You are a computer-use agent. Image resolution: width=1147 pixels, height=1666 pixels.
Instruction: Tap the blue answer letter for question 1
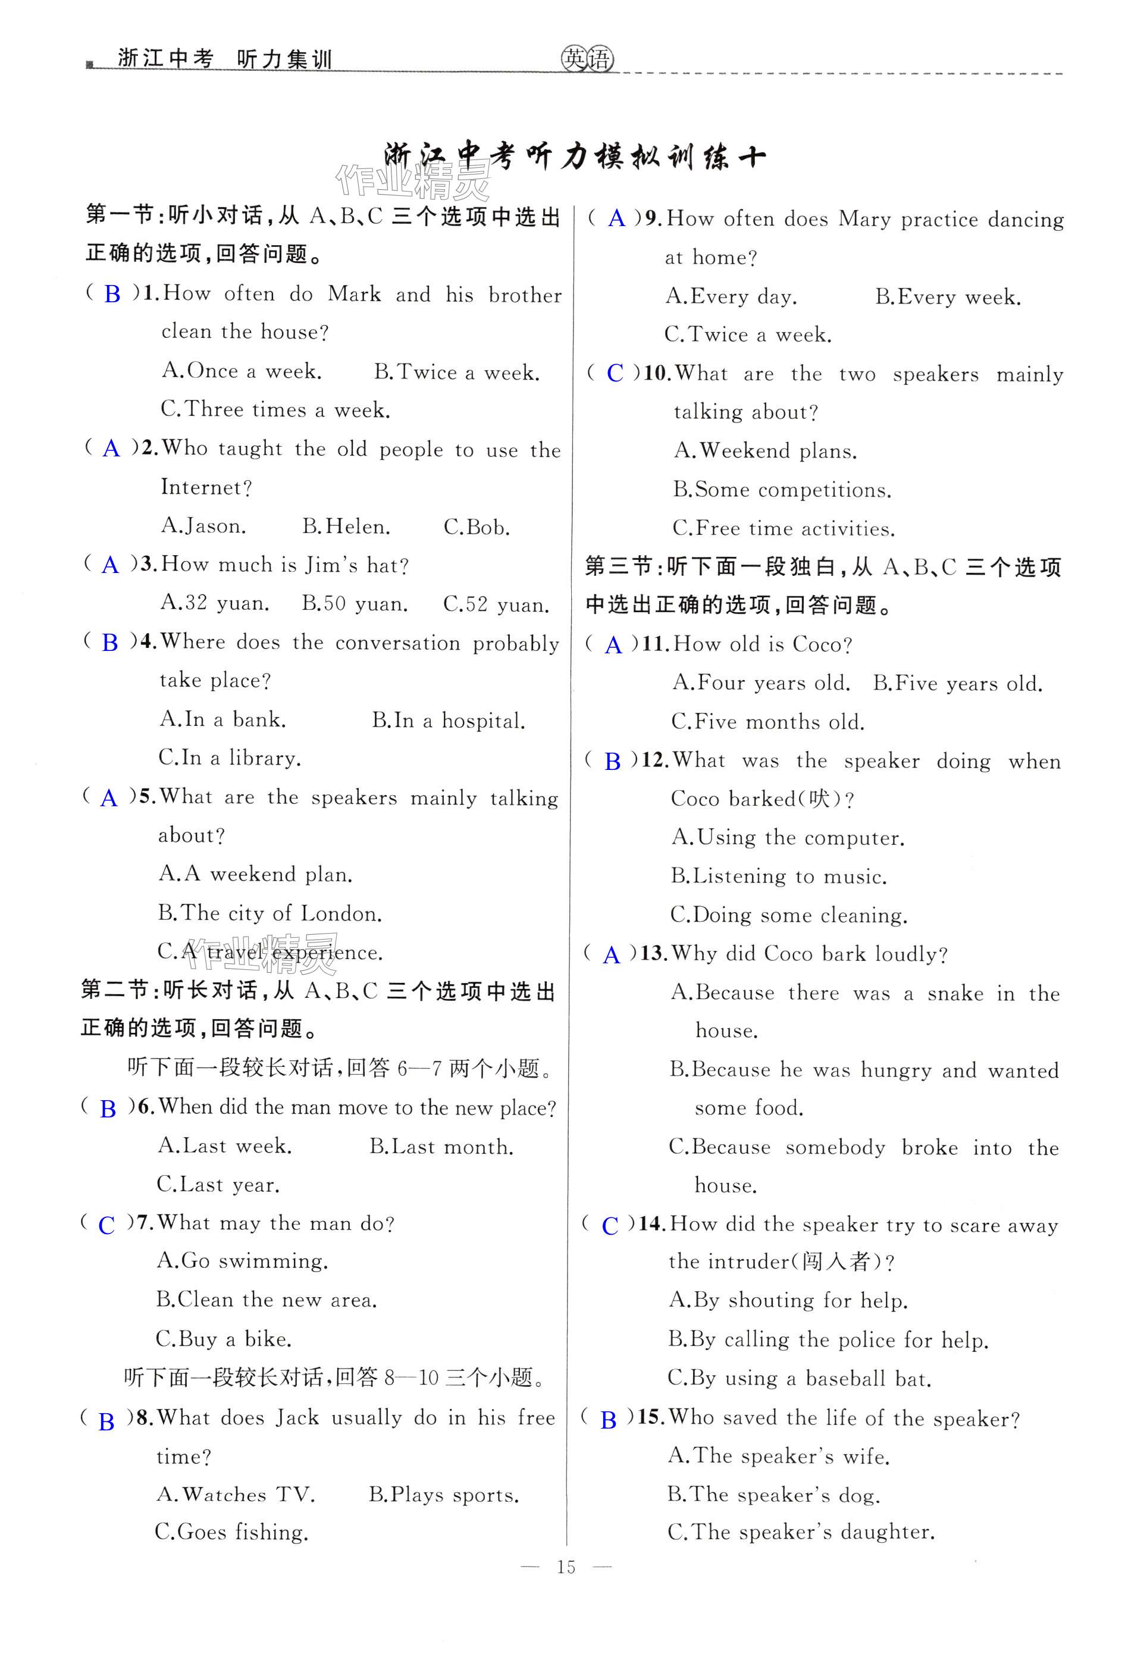click(112, 294)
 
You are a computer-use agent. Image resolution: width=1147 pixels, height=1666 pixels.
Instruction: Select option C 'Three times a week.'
click(275, 410)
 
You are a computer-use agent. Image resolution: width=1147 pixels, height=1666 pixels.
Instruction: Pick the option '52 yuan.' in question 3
click(497, 605)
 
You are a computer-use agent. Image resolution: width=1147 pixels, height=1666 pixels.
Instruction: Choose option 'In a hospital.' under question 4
click(449, 721)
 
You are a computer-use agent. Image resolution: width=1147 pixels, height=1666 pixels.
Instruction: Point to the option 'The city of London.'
click(269, 913)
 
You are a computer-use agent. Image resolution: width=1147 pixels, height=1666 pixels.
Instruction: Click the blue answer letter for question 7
click(106, 1225)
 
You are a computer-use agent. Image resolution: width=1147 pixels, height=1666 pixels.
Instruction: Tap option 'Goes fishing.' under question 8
click(231, 1532)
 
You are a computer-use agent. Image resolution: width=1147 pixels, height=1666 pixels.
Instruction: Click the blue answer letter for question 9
click(616, 219)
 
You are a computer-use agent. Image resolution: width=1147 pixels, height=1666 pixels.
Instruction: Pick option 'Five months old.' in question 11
click(767, 722)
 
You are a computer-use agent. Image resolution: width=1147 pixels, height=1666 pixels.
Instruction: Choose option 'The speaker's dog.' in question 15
click(773, 1495)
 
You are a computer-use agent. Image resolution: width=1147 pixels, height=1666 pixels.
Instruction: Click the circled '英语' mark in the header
click(587, 59)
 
